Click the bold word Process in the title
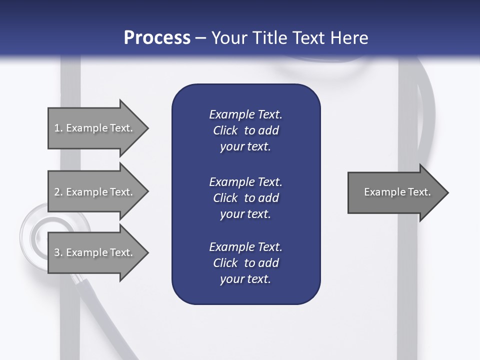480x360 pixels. (x=157, y=37)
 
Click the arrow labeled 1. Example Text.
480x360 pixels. (x=95, y=128)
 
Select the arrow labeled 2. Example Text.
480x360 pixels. (x=95, y=192)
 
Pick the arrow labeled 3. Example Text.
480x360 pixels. (x=95, y=252)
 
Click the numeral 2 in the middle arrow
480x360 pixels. (x=57, y=192)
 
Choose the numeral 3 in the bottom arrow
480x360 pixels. (x=57, y=252)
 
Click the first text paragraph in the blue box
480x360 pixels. (x=245, y=130)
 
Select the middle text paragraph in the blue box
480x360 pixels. (x=245, y=198)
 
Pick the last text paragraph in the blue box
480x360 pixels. (x=245, y=263)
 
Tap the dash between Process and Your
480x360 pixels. (x=201, y=38)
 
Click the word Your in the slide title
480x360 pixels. (x=228, y=37)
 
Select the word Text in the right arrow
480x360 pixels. (x=419, y=192)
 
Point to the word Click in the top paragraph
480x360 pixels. (x=225, y=130)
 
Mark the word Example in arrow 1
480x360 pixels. (x=86, y=128)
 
